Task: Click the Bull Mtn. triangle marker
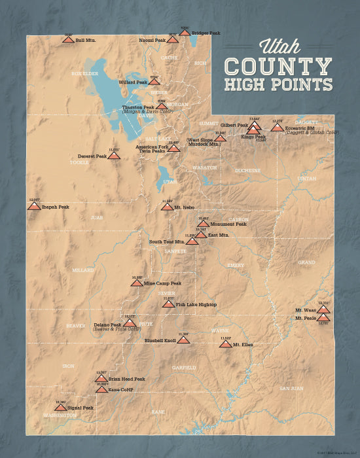67,40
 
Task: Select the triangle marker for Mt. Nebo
167,207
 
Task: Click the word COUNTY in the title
278,66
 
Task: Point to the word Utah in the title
280,46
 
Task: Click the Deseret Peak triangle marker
114,156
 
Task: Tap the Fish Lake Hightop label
196,305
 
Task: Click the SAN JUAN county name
292,389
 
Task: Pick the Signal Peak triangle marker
60,408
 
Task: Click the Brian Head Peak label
126,379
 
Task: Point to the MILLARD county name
82,270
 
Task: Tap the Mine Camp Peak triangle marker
136,283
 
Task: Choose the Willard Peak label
132,82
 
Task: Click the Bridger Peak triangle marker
185,33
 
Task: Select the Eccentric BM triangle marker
277,128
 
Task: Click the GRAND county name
306,262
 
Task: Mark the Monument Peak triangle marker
204,224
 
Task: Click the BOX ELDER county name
84,73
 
